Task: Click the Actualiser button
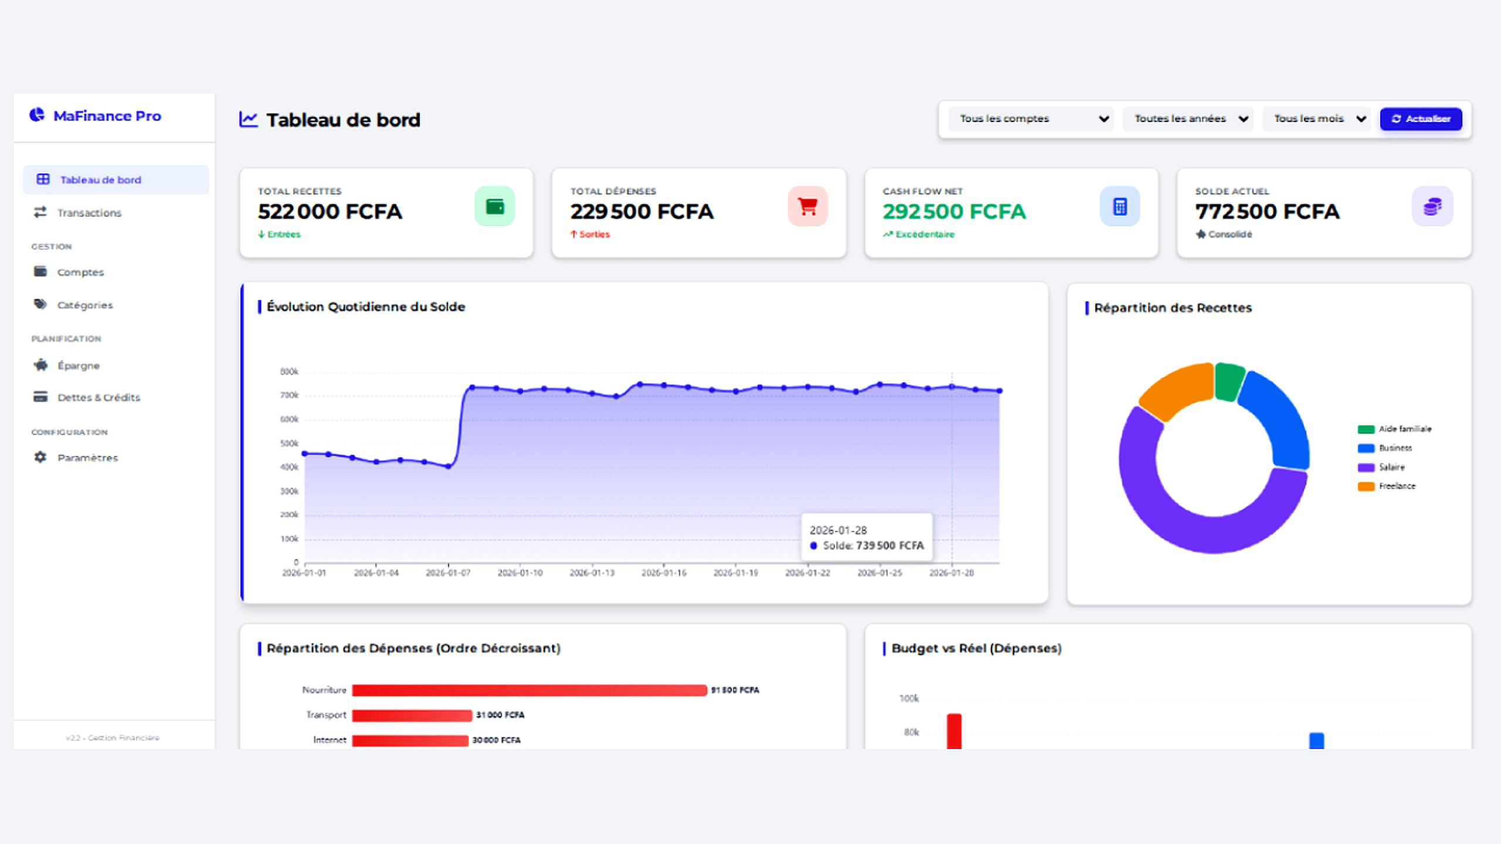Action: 1421,119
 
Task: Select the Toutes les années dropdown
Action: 1188,119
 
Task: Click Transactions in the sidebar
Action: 89,213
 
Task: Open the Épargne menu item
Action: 79,366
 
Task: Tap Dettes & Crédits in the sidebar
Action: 99,397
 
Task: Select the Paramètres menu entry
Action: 87,458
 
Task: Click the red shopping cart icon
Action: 807,206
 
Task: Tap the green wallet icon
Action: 495,206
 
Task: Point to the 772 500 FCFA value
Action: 1267,212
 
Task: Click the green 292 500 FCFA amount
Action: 954,212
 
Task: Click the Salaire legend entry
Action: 1391,467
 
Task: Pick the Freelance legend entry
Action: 1396,486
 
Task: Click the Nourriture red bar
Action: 529,690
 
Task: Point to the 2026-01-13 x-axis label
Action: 592,573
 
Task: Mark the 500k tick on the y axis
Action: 289,444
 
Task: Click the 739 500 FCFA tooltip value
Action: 889,546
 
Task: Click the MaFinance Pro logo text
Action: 107,116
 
